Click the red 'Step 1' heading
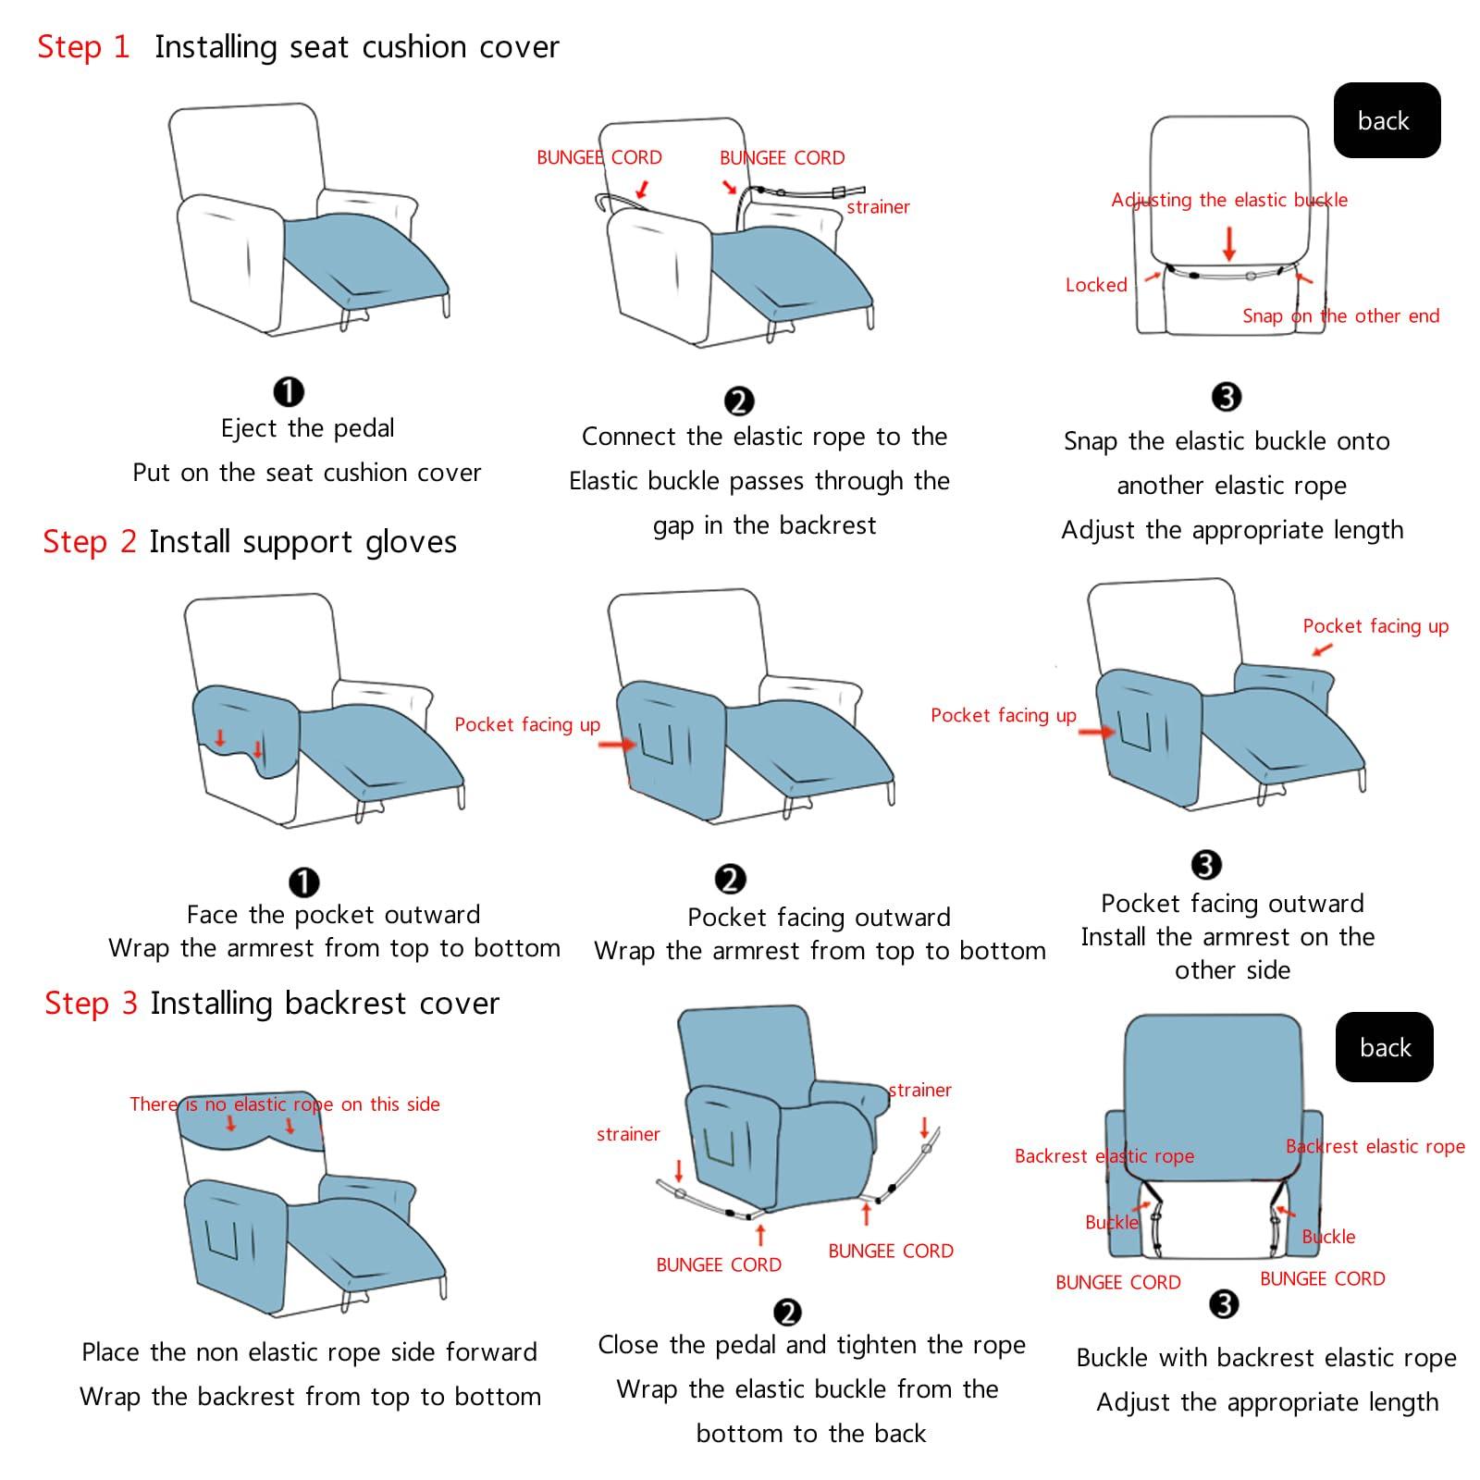click(x=83, y=46)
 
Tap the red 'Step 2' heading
click(x=89, y=541)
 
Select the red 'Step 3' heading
click(x=91, y=1003)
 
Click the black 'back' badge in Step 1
click(x=1386, y=120)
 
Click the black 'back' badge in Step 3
click(x=1384, y=1047)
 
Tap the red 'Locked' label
click(x=1096, y=285)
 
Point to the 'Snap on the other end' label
click(x=1340, y=315)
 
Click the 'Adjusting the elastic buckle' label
click(x=1228, y=200)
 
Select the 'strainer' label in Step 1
click(x=878, y=207)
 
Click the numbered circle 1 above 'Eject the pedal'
click(x=289, y=391)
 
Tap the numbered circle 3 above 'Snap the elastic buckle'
click(x=1226, y=397)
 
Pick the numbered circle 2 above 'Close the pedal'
click(x=787, y=1312)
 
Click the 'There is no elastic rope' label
click(x=284, y=1104)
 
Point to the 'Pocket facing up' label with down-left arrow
click(x=1375, y=626)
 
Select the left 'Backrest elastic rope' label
click(x=1104, y=1155)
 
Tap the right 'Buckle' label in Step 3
click(x=1327, y=1237)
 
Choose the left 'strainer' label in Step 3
click(x=628, y=1134)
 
